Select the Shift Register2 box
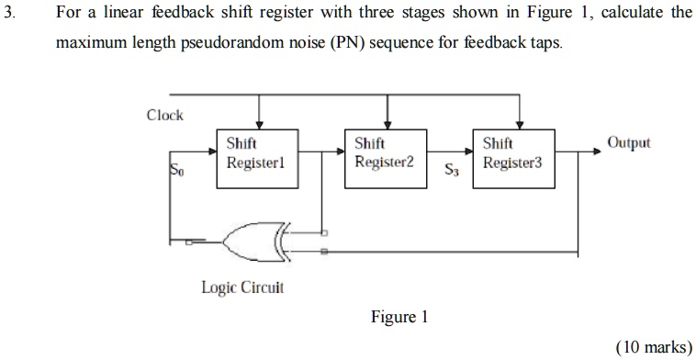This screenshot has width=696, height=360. [385, 158]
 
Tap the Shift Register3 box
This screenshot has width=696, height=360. [513, 158]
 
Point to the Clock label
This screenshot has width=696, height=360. [165, 115]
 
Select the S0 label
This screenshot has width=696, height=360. [176, 170]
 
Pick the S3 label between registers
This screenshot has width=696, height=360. [450, 170]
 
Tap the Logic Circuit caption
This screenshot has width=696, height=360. [242, 287]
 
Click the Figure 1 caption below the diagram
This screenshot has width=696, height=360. [399, 318]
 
